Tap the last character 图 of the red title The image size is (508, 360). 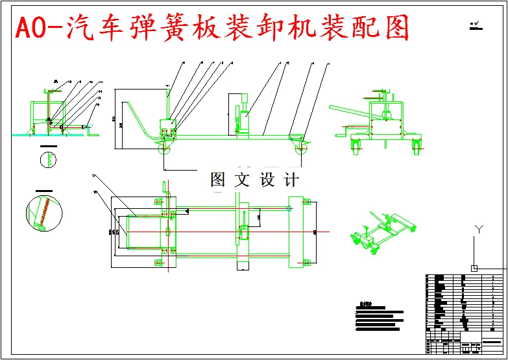394,27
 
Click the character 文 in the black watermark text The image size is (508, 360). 242,180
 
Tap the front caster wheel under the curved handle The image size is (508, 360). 163,150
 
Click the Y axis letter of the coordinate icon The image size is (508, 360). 479,229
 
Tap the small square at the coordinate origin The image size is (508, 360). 474,268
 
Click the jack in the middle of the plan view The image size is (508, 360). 243,234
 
